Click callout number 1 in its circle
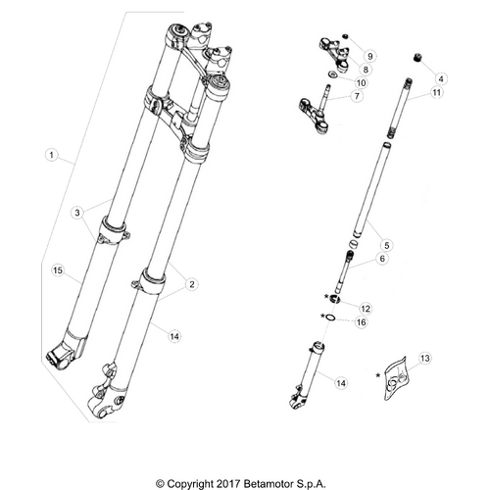click(x=51, y=155)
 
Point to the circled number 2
click(x=192, y=284)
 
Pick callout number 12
click(x=365, y=308)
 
